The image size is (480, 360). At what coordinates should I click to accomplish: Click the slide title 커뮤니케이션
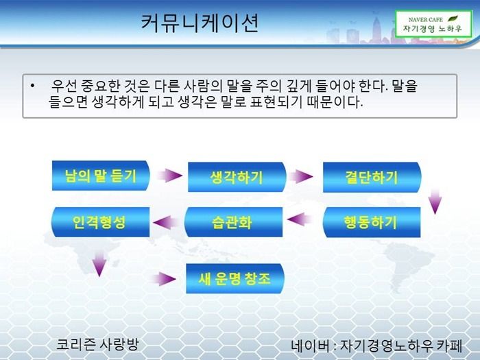[200, 25]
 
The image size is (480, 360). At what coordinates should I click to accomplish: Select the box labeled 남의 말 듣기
[95, 176]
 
